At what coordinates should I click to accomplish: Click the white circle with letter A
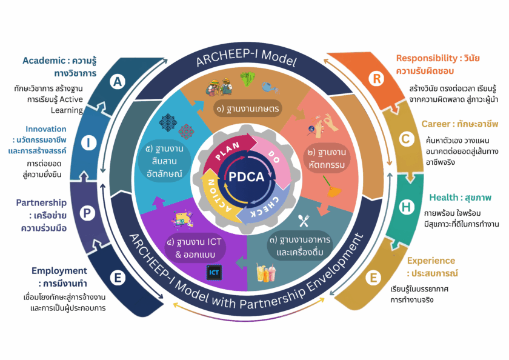[x=118, y=81]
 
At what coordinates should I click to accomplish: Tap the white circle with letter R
[x=376, y=79]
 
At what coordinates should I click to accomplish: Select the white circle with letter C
[x=406, y=139]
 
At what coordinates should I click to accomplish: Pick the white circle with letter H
[x=406, y=207]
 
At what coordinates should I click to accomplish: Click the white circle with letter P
[x=87, y=213]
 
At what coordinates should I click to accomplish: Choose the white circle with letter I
[x=88, y=142]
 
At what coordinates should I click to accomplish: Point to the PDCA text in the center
[x=247, y=177]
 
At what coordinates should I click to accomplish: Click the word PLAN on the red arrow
[x=227, y=151]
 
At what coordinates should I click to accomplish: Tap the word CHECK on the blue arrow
[x=265, y=207]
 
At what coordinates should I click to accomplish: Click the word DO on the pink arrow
[x=274, y=156]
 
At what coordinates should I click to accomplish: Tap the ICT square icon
[x=214, y=272]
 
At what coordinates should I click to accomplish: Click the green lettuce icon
[x=247, y=79]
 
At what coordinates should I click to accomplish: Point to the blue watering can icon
[x=270, y=87]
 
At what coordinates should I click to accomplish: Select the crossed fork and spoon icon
[x=304, y=221]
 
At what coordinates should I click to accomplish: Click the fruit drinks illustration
[x=266, y=272]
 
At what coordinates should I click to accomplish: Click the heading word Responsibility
[x=427, y=58]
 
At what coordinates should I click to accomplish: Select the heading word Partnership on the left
[x=41, y=203]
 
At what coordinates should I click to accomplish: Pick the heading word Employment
[x=59, y=271]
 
